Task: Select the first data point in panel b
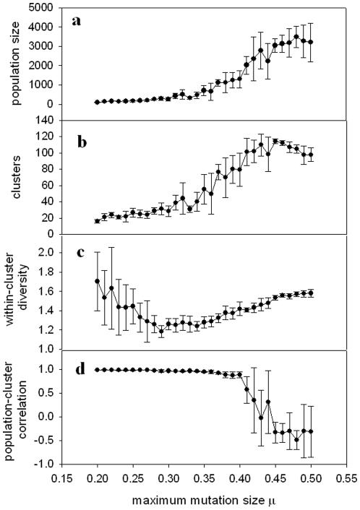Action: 98,221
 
